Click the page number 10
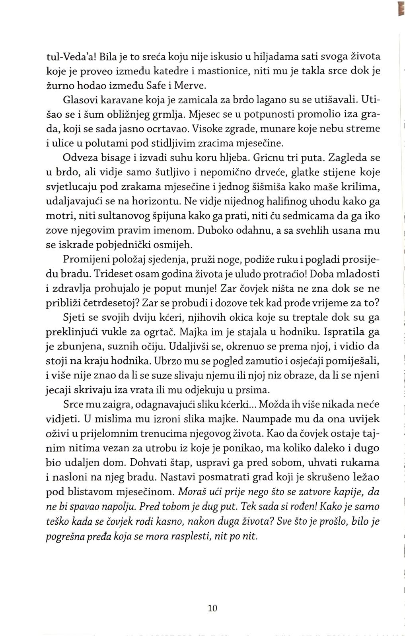[212, 608]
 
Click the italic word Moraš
[193, 492]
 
